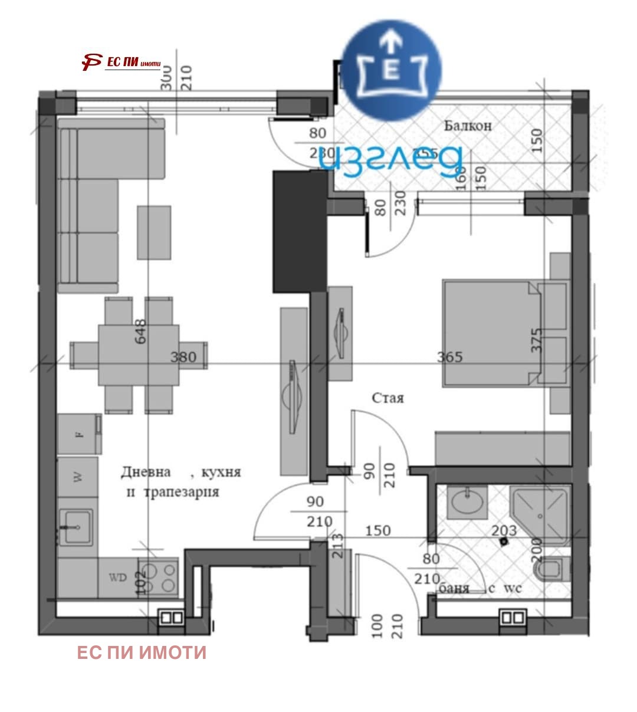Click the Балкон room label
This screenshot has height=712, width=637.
point(468,126)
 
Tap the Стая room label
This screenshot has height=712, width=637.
point(388,398)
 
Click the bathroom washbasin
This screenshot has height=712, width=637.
point(467,502)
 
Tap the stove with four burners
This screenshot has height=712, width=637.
point(158,577)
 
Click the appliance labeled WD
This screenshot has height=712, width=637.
point(118,578)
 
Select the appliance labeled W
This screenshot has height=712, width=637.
point(78,477)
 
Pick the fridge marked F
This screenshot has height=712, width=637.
point(78,434)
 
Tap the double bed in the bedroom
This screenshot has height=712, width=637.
point(491,334)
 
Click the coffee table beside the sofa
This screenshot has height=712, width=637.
point(154,232)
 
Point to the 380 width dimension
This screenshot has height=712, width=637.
point(183,357)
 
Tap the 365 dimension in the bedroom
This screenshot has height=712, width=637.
point(449,357)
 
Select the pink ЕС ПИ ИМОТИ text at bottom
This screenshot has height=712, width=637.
point(142,652)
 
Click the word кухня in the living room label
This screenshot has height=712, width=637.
point(221,473)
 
